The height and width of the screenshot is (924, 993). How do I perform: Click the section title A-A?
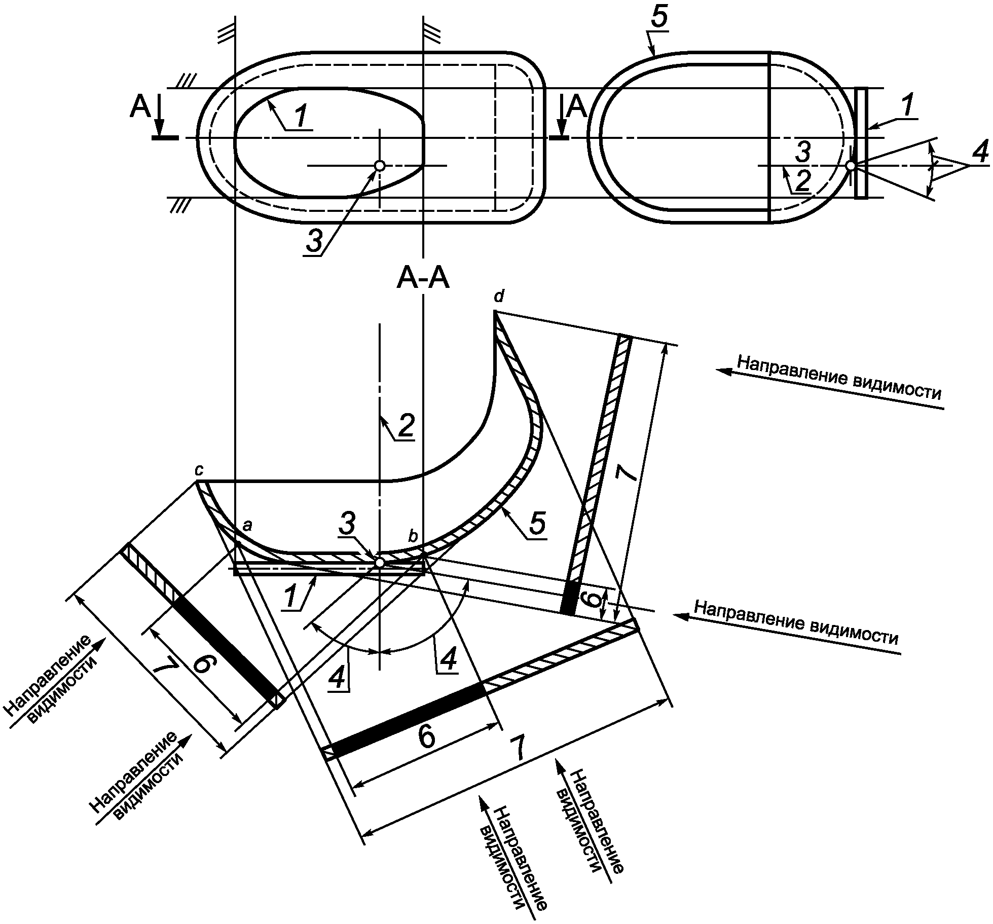pyautogui.click(x=423, y=278)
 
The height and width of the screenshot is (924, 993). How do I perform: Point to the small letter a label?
pyautogui.click(x=247, y=527)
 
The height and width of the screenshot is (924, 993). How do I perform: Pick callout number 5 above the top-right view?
pyautogui.click(x=658, y=19)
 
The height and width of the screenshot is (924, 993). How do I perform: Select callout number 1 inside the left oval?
pyautogui.click(x=300, y=116)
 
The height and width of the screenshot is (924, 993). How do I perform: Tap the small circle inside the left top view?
pyautogui.click(x=379, y=165)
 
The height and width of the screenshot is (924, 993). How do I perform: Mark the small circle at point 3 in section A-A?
pyautogui.click(x=379, y=562)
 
